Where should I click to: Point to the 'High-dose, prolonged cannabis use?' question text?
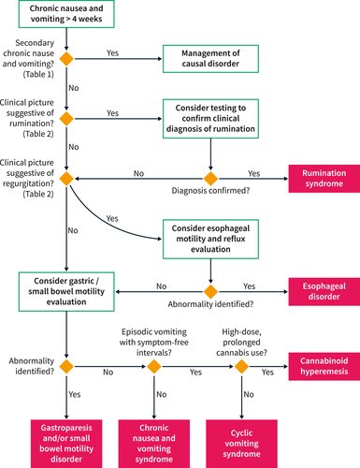click(245, 337)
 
